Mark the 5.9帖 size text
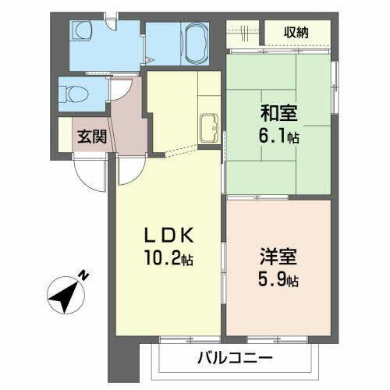tap(276, 279)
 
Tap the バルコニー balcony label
tap(234, 360)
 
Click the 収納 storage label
tap(296, 32)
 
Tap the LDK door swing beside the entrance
tap(127, 174)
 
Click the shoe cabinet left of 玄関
tap(66, 137)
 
